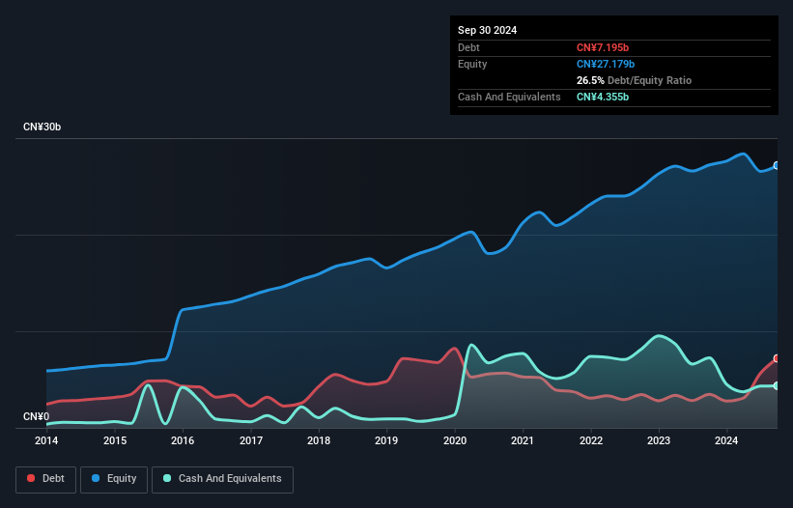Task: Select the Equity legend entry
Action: coord(114,478)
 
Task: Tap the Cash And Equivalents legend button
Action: coord(222,478)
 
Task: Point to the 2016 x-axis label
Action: coord(183,440)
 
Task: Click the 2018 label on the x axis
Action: coord(319,440)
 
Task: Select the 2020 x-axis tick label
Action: coord(455,440)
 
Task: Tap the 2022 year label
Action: coord(591,440)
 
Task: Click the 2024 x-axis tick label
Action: coord(727,440)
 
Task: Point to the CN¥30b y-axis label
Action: coord(42,127)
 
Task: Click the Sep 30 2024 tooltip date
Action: coord(487,30)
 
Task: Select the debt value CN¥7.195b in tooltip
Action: coord(605,47)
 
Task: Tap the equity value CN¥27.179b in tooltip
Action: coord(609,64)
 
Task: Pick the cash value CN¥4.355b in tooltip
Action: coord(607,97)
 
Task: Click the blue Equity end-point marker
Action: coord(776,166)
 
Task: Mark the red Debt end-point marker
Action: coord(776,358)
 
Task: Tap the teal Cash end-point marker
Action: coord(776,385)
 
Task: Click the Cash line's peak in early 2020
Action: coord(471,345)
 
